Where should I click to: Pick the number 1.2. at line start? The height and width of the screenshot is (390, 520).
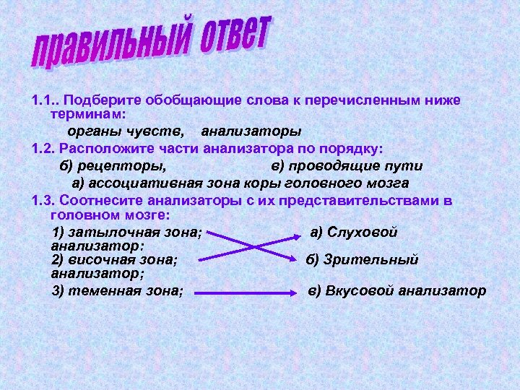pos(44,149)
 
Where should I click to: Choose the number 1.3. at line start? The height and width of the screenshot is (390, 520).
pos(44,201)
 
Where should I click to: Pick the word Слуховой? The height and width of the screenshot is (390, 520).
pos(363,233)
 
